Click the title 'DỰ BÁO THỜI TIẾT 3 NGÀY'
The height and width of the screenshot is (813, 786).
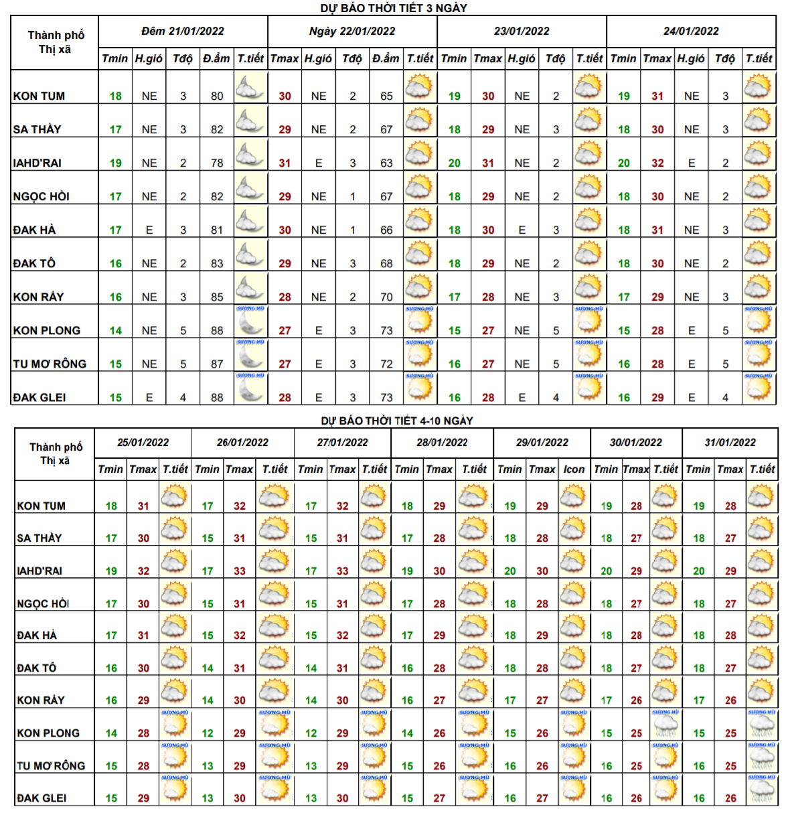[x=394, y=8]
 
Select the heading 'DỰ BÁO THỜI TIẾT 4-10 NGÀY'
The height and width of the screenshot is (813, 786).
[x=397, y=421]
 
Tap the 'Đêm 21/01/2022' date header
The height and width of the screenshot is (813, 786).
[x=183, y=31]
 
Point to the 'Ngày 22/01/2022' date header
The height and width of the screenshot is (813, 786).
[x=352, y=31]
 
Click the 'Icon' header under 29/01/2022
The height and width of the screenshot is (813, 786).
[x=574, y=469]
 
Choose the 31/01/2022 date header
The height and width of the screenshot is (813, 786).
[x=730, y=443]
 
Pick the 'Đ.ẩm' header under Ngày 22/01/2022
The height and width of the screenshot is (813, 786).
[x=386, y=59]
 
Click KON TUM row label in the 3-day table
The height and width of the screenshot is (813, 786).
[x=40, y=96]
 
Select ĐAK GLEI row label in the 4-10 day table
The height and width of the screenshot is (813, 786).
[x=42, y=798]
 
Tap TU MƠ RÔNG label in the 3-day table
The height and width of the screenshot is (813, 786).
[x=50, y=364]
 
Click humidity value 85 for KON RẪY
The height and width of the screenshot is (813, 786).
[x=217, y=297]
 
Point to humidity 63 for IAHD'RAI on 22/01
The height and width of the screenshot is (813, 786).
[x=386, y=163]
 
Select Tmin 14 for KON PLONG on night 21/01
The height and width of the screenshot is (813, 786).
[x=116, y=330]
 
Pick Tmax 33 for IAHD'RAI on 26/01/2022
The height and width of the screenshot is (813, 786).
[x=240, y=571]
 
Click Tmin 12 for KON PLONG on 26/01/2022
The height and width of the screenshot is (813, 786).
[x=208, y=733]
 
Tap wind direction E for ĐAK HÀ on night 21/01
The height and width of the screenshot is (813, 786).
[x=149, y=230]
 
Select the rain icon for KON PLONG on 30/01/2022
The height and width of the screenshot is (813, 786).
[x=665, y=724]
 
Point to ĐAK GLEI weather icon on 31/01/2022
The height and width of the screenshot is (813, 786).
[x=762, y=789]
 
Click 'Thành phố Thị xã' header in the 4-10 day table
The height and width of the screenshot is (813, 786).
[x=56, y=453]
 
